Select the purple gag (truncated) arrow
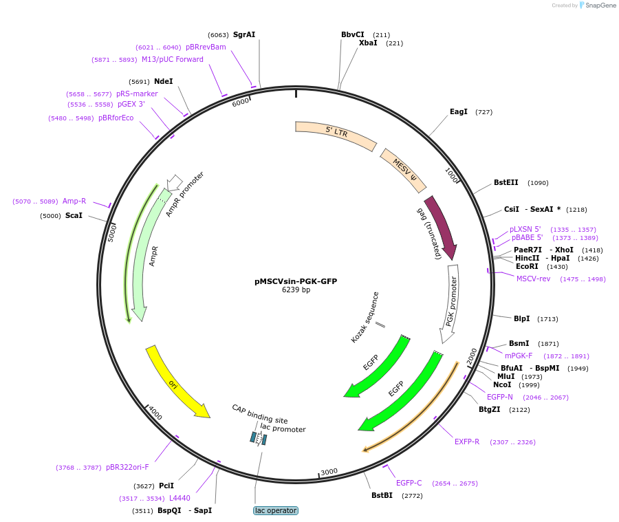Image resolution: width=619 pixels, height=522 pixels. (441, 228)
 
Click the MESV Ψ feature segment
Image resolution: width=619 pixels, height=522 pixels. (404, 171)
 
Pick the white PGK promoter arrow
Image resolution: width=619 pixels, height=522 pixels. (451, 303)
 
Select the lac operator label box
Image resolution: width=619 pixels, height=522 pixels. (276, 510)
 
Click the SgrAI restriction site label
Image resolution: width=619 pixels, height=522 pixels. (244, 34)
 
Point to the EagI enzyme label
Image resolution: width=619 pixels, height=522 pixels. (459, 111)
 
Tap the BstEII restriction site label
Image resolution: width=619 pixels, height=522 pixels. (506, 183)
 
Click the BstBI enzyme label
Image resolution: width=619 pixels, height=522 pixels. (382, 495)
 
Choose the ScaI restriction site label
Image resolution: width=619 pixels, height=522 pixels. (74, 215)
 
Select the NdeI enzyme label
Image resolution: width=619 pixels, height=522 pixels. (164, 81)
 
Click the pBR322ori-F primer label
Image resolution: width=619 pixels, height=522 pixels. (127, 467)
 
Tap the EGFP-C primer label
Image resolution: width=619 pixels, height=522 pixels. (409, 483)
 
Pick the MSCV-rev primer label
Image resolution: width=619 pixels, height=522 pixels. (534, 279)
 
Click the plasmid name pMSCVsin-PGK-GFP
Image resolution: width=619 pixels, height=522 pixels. (296, 281)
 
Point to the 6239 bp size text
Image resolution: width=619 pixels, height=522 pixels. (296, 290)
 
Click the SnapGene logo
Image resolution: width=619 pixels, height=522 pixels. (597, 6)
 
